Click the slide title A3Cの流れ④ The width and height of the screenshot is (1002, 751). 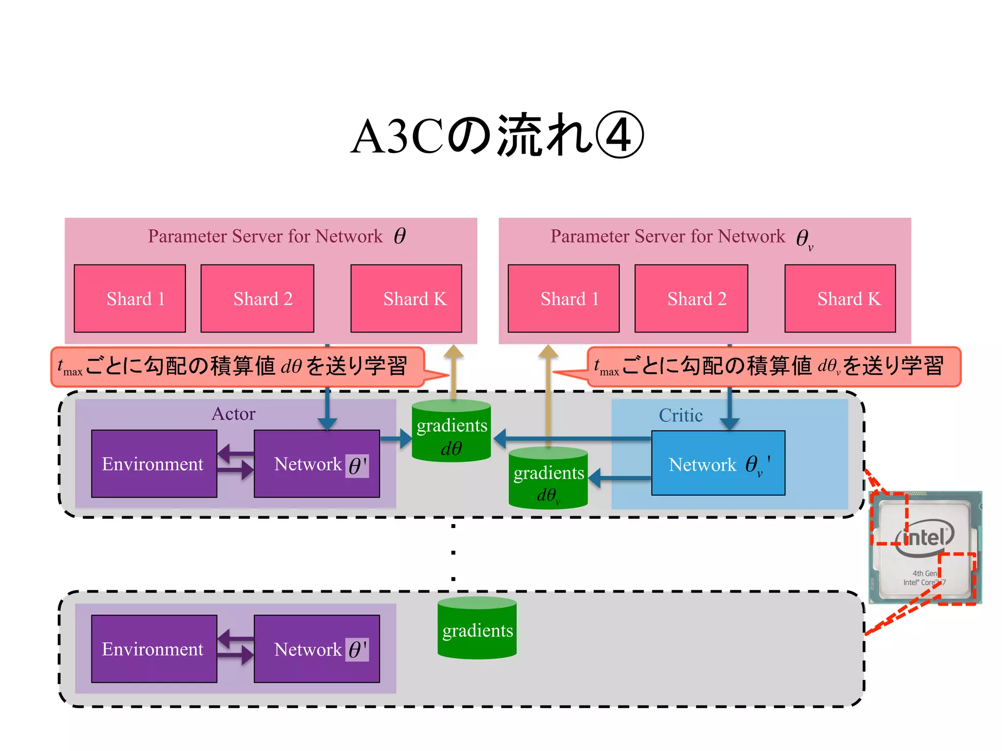497,135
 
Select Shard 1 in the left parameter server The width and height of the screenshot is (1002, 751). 130,299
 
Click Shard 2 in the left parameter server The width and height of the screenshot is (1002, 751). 257,299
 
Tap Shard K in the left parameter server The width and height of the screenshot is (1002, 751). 406,299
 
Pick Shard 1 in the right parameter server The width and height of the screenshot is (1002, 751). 564,299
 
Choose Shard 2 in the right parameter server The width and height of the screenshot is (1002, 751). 691,299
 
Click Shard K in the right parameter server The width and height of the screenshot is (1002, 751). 840,299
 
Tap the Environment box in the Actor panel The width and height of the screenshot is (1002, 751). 154,464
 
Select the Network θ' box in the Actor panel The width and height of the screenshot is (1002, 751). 317,464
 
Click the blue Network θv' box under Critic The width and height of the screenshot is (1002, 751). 718,464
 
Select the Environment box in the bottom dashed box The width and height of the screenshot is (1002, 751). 154,649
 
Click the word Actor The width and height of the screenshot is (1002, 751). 233,414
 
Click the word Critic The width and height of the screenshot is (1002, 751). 681,416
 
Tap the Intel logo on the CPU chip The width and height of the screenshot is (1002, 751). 925,538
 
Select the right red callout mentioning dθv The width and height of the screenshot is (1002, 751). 773,367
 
